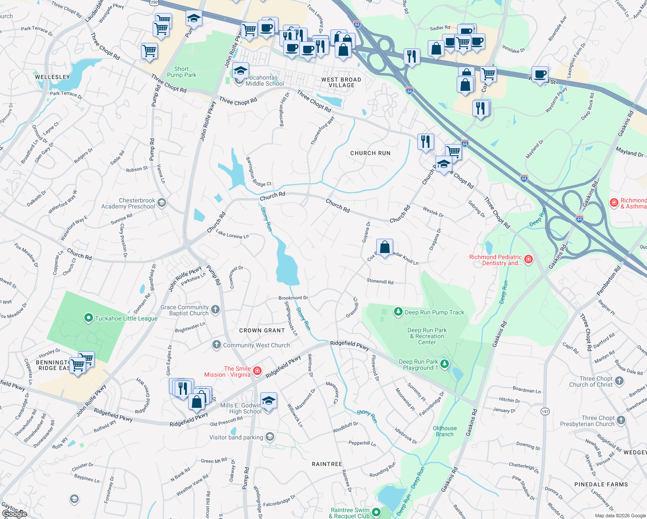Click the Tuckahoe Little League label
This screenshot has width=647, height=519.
point(126,318)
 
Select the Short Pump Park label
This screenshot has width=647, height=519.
point(182,72)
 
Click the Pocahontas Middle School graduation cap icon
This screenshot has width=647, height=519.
point(240,70)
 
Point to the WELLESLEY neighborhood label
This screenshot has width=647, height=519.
point(52,77)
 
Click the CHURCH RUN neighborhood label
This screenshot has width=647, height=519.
point(370,153)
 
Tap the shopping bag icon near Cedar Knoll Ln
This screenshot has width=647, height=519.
point(384,248)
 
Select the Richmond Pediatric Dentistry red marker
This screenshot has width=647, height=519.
point(528,259)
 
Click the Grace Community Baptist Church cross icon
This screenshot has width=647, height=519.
point(215,310)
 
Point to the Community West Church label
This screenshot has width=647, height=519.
point(256,345)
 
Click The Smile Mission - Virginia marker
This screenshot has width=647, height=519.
point(257,371)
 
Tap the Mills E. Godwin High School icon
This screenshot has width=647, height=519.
point(269,401)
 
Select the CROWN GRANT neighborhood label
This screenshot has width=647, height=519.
point(262,330)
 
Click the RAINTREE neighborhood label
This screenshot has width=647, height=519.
point(327,464)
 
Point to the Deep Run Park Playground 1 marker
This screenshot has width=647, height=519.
point(445,364)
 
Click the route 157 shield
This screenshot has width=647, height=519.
point(545,412)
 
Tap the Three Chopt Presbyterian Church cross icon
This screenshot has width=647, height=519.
point(621,420)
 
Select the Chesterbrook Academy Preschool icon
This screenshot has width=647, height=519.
point(162,202)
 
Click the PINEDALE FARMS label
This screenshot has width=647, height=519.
point(601,484)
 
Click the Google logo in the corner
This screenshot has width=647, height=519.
point(14,513)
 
